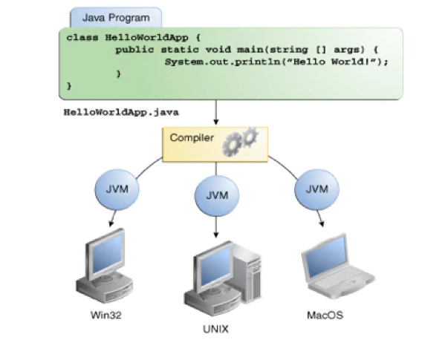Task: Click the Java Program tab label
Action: point(115,16)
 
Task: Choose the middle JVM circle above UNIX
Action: point(215,197)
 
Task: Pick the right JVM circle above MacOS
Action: point(313,189)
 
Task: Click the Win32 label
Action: point(105,315)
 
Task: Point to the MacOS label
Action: point(325,315)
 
